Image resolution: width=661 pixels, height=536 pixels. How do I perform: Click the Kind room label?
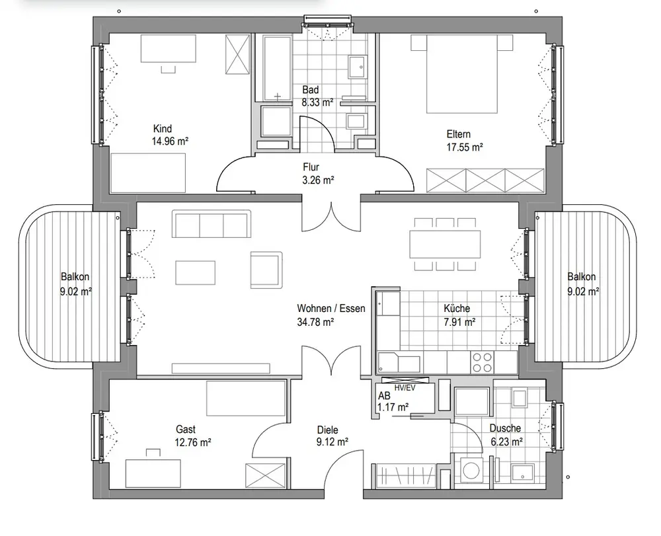(x=162, y=128)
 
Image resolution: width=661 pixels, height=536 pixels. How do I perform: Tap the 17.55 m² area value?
(x=463, y=147)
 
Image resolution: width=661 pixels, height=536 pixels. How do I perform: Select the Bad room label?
(x=311, y=90)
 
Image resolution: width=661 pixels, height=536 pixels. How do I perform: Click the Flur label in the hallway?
(x=311, y=167)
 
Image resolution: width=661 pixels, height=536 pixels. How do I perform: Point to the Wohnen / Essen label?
(x=330, y=309)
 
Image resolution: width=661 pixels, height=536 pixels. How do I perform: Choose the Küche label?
(x=457, y=309)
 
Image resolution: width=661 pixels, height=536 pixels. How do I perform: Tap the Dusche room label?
(x=506, y=428)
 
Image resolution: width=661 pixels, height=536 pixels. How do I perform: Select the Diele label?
(x=327, y=430)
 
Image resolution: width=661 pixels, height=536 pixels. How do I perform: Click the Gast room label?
(x=186, y=429)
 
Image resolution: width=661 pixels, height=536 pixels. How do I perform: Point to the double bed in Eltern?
(x=461, y=73)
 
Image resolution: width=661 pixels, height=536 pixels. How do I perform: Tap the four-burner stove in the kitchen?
(x=481, y=361)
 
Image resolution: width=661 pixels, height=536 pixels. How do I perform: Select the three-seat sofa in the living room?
(x=212, y=224)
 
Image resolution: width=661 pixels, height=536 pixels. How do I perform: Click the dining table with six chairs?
(x=444, y=243)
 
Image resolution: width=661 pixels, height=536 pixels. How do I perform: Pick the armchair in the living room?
(x=266, y=269)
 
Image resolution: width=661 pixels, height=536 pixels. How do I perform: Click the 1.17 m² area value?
(x=392, y=407)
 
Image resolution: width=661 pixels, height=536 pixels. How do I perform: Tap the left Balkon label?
(x=75, y=277)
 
